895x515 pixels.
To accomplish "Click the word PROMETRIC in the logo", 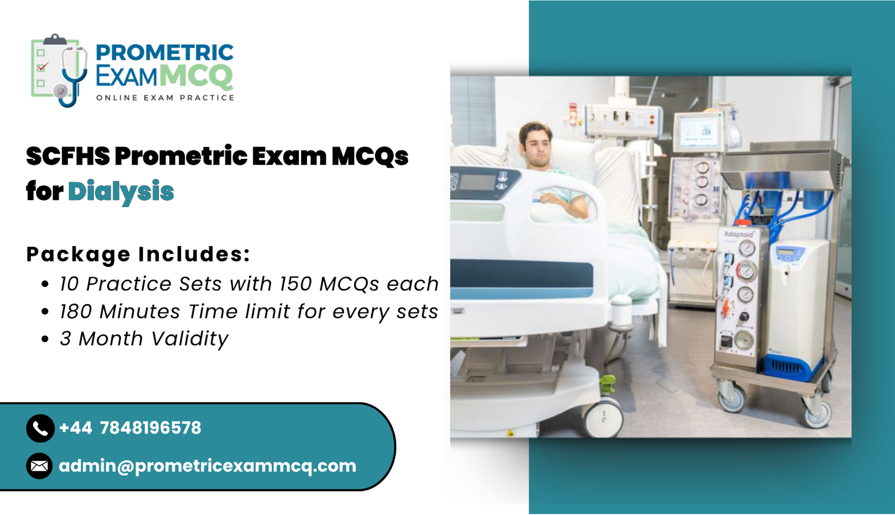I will (164, 53).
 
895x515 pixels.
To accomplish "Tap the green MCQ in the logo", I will (196, 76).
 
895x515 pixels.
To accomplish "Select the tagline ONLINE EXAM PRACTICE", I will (165, 98).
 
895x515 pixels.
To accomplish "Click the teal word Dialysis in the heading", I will (121, 192).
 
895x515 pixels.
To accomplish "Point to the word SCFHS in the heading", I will (68, 157).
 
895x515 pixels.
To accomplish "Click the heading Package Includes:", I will (138, 254).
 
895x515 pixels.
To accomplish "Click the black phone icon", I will (40, 428).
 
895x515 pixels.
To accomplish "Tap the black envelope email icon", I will (40, 466).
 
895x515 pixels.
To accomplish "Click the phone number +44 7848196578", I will (130, 428).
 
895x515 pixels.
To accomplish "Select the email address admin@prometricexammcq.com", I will (208, 466).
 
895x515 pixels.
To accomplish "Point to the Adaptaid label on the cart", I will (738, 234).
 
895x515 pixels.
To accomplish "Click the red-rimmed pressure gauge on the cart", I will (746, 271).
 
